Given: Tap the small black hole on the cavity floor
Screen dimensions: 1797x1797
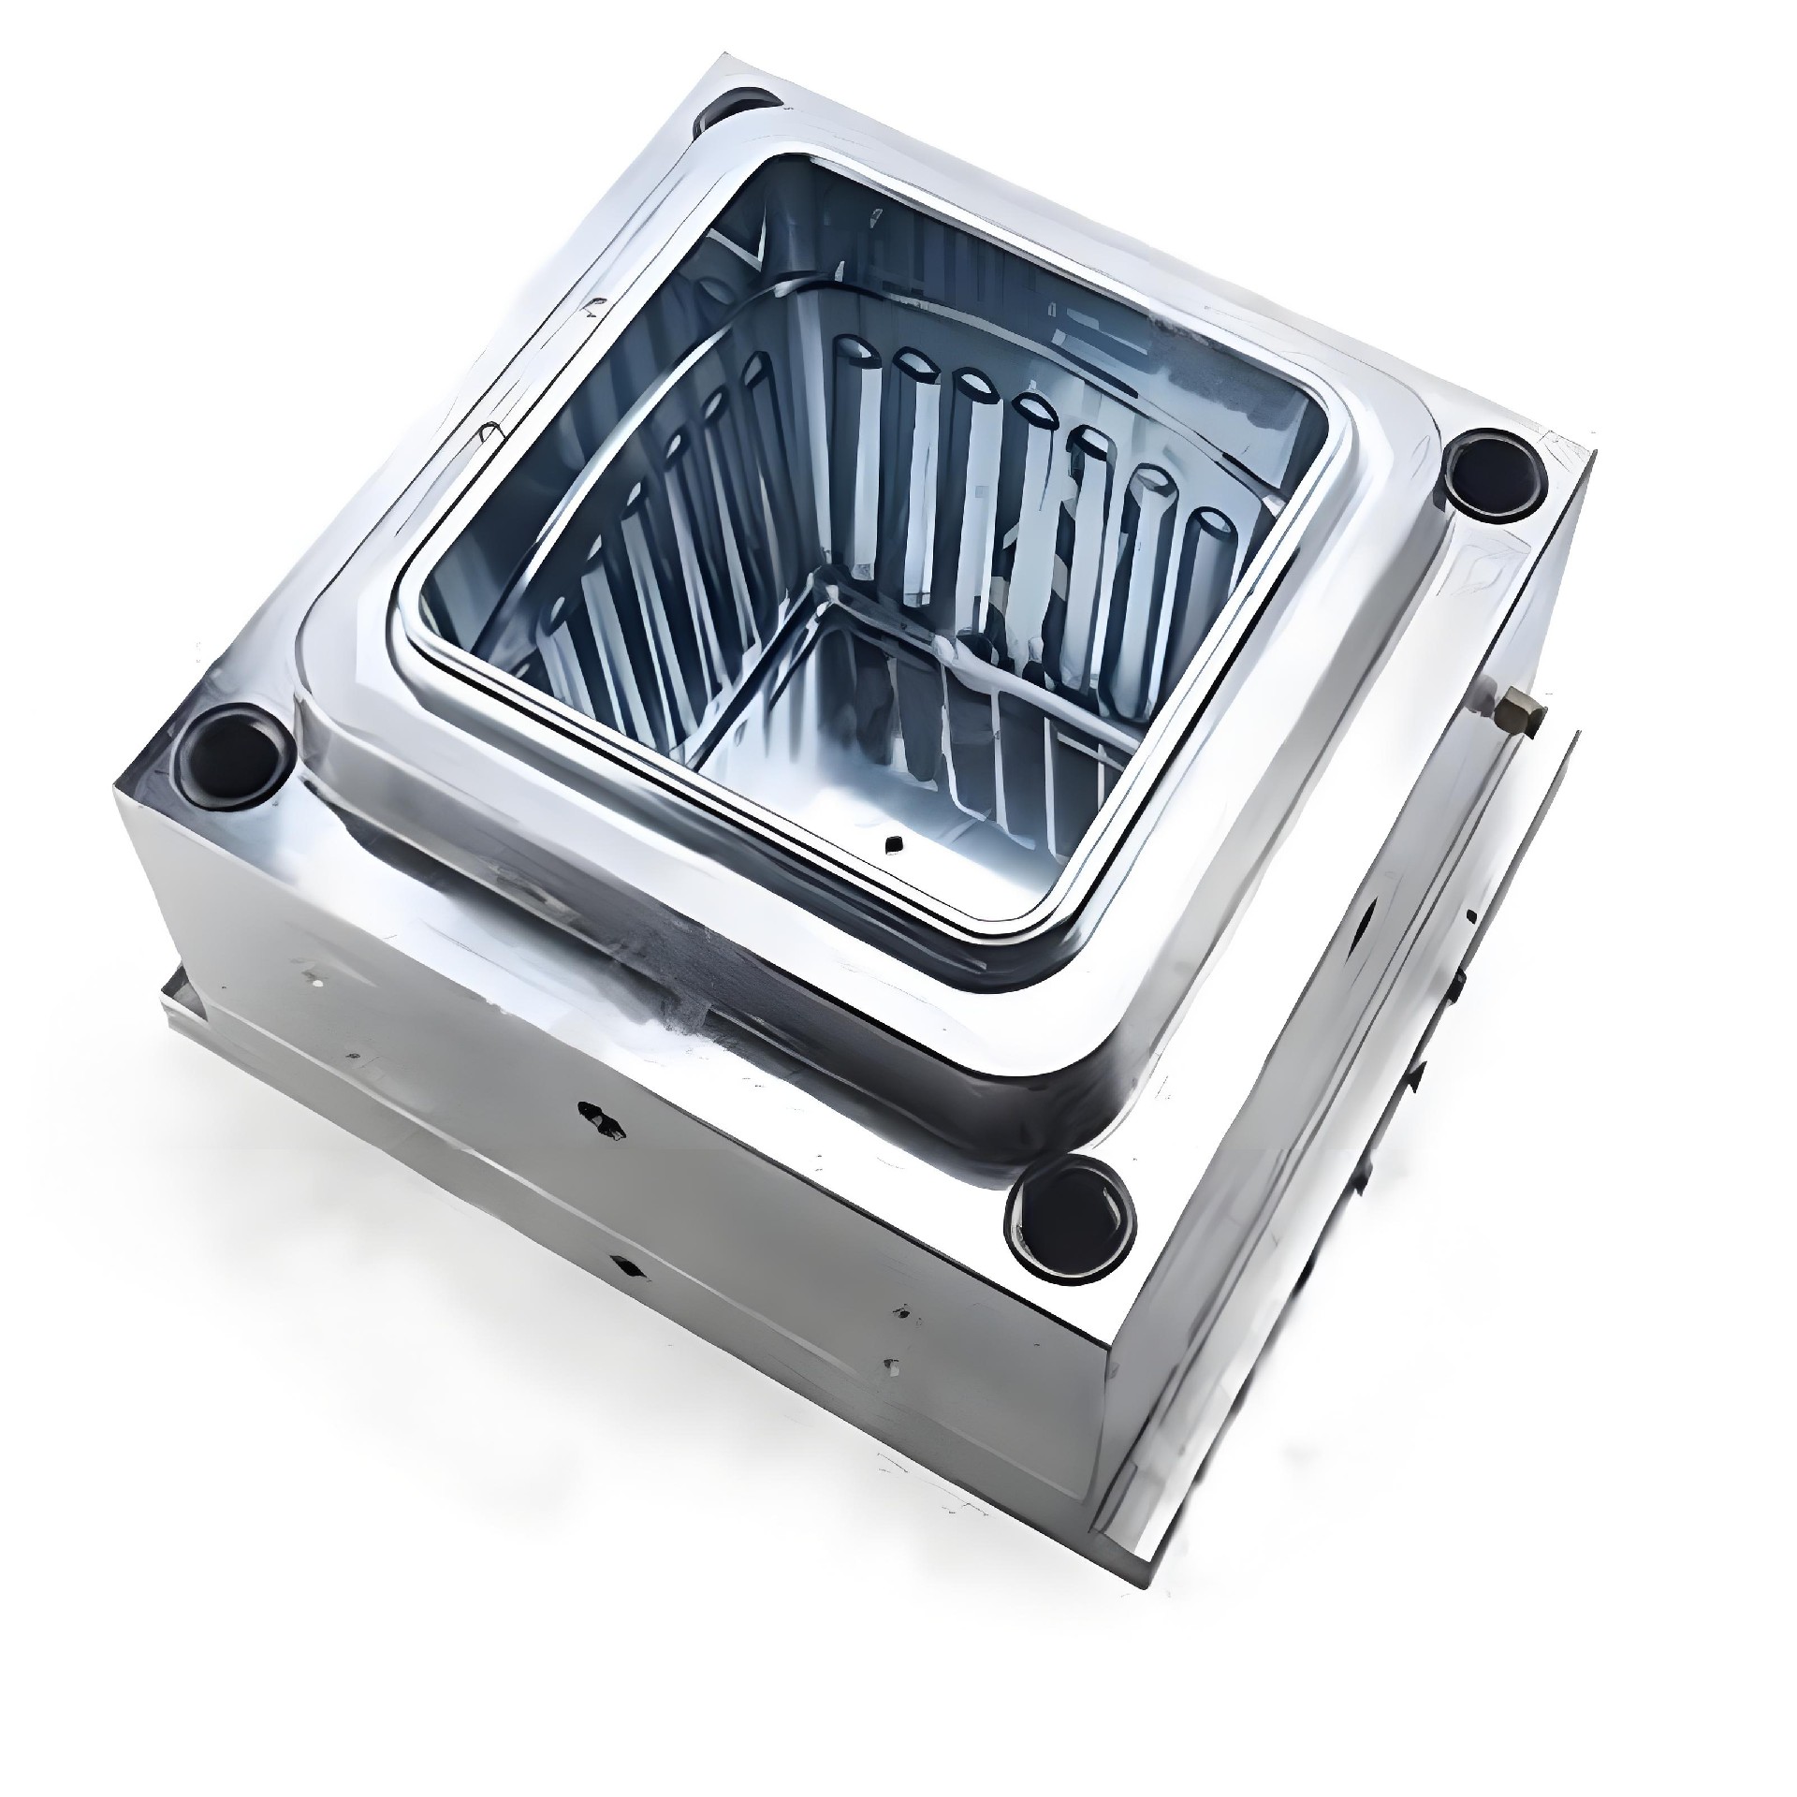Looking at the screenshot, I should (894, 843).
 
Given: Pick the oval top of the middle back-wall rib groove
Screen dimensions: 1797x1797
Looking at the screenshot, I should (1033, 407).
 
